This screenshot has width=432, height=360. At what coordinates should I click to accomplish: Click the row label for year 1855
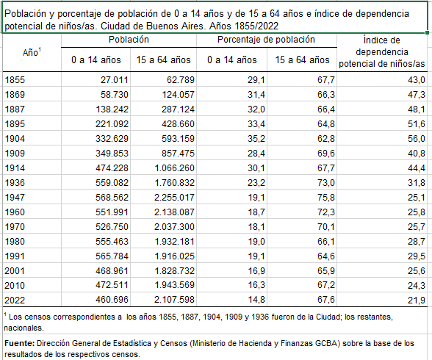[15, 80]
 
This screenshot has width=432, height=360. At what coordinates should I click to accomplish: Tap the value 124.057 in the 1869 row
[178, 95]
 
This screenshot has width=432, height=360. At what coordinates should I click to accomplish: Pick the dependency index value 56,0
[417, 139]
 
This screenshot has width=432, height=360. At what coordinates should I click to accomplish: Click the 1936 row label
[15, 183]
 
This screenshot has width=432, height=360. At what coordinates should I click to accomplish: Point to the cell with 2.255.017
[174, 197]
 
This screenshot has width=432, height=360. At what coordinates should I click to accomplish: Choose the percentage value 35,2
[256, 139]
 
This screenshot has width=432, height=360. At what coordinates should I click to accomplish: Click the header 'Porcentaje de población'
[266, 40]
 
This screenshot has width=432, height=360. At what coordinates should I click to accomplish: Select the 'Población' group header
[129, 40]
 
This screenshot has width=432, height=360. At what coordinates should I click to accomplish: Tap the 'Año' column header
[32, 52]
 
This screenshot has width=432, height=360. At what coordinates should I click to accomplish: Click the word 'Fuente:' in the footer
[19, 343]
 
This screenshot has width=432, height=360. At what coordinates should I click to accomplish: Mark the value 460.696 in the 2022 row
[112, 300]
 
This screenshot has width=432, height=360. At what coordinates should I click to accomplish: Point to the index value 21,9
[417, 300]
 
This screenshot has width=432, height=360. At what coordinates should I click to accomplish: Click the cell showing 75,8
[326, 197]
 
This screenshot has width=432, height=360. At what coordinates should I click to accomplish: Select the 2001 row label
[15, 271]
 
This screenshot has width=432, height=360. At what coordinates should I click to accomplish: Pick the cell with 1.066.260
[174, 168]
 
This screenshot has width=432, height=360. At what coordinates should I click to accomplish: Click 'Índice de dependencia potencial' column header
[382, 51]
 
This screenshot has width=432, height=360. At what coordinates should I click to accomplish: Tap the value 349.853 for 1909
[112, 153]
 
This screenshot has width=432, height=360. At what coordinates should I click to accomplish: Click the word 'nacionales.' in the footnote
[24, 328]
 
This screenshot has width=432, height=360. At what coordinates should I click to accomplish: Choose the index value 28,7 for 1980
[417, 241]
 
